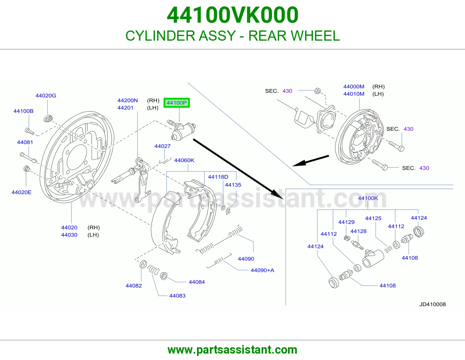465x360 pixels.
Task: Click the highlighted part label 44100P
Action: (176, 103)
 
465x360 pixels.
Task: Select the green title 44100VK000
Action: (233, 15)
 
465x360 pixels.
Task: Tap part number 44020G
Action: (46, 96)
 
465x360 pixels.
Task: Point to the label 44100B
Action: (23, 111)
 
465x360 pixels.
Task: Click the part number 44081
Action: (25, 142)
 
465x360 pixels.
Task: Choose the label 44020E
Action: (22, 192)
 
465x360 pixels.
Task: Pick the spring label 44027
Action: (162, 146)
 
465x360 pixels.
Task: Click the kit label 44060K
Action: (184, 160)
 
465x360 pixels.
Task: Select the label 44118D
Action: (218, 177)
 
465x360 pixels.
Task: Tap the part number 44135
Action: (233, 185)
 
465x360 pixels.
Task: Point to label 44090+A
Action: (262, 270)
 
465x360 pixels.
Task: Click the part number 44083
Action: (177, 296)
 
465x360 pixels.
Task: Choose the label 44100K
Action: (368, 198)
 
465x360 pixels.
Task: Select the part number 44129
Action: (346, 222)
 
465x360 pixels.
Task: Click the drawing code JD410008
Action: (432, 304)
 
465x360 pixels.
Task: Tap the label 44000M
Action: (354, 87)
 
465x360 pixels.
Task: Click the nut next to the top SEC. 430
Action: (318, 91)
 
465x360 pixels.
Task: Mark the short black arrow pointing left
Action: (310, 161)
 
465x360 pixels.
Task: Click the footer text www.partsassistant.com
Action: (233, 350)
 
